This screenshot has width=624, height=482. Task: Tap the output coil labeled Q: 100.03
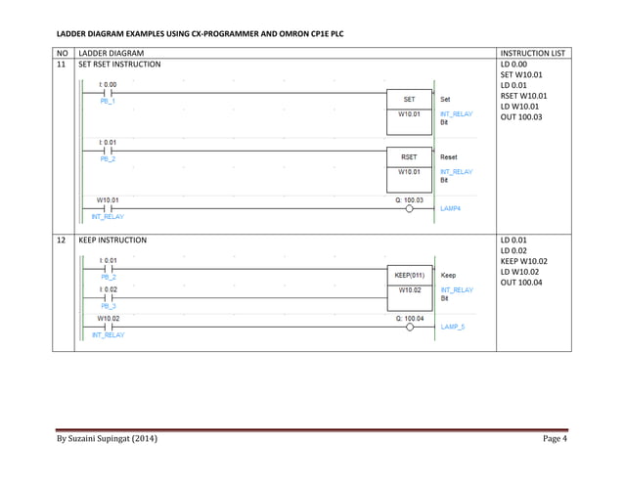point(410,208)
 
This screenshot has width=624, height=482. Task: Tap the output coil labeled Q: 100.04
point(410,328)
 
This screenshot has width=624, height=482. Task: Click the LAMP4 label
point(451,209)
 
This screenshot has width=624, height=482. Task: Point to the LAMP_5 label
point(453,327)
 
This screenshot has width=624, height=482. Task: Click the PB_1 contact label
point(108,102)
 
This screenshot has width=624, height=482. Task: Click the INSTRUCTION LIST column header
point(532,52)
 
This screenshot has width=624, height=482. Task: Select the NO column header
point(64,52)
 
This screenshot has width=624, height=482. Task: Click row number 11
point(64,64)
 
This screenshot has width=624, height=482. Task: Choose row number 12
point(64,240)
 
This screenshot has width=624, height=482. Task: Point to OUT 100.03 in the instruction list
point(521,117)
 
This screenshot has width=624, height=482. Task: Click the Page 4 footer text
point(556,438)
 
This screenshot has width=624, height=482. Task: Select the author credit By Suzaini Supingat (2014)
point(107,438)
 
